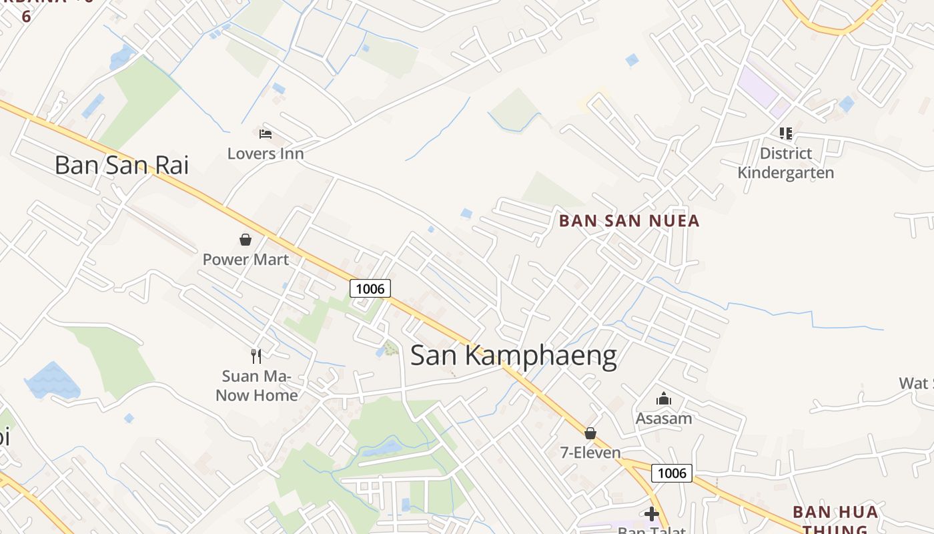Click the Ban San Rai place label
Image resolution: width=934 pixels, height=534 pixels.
click(121, 165)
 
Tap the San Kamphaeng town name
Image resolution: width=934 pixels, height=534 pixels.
click(513, 356)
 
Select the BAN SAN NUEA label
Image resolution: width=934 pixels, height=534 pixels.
click(629, 221)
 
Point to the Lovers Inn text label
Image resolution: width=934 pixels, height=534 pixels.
click(266, 154)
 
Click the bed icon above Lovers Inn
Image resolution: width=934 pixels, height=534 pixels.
click(266, 134)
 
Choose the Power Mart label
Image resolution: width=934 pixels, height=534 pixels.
click(246, 260)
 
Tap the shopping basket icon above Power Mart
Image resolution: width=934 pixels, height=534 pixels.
click(246, 240)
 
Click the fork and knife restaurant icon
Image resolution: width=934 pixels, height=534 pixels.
click(256, 356)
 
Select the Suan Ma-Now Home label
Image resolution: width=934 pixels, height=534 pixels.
click(257, 386)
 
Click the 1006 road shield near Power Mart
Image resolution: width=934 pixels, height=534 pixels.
click(370, 288)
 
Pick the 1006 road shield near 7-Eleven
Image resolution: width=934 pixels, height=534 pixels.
click(672, 473)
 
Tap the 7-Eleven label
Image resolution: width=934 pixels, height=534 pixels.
click(591, 453)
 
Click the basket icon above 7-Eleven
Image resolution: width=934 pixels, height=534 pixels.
click(590, 433)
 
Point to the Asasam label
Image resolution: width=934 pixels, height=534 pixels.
click(664, 419)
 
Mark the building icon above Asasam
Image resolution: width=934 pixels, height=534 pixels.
click(664, 399)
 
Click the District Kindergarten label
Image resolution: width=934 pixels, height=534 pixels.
click(786, 163)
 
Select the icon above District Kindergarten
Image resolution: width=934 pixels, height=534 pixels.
click(786, 133)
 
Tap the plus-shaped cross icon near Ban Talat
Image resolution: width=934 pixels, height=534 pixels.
click(652, 514)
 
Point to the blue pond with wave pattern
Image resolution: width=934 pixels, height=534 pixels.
click(52, 381)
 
